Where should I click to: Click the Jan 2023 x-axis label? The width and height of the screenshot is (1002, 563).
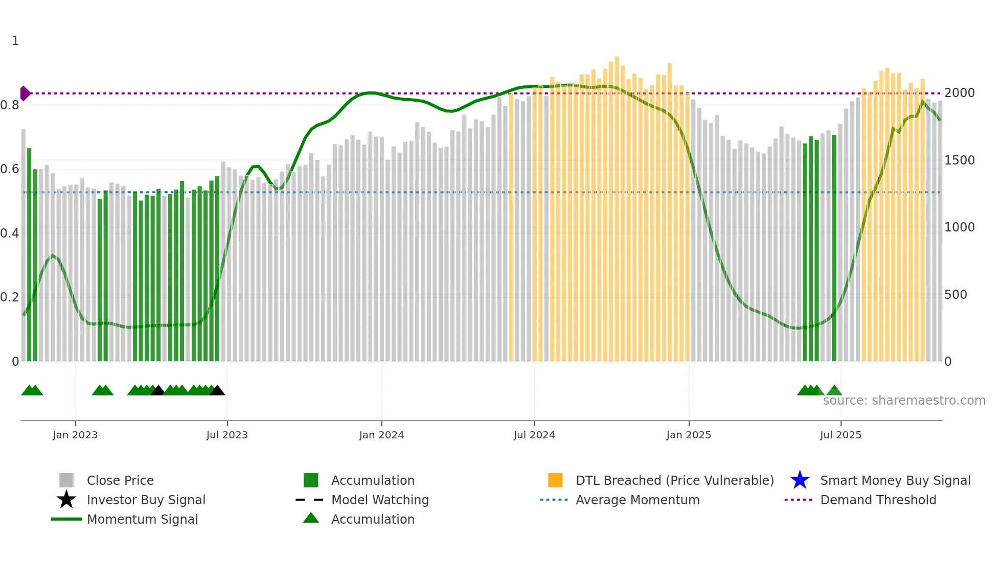75,435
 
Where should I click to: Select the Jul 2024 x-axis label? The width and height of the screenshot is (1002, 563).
534,435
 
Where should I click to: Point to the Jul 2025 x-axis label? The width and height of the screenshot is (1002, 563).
840,435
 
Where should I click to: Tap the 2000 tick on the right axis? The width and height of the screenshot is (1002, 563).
960,93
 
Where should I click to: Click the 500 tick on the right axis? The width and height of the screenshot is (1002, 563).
955,295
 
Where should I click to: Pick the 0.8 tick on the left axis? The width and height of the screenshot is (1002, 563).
10,105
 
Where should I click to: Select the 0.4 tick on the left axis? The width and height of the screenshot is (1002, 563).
10,233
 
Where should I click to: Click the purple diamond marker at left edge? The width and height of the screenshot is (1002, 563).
25,93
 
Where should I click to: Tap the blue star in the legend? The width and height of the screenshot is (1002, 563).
800,480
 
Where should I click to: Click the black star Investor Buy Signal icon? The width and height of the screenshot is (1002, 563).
66,500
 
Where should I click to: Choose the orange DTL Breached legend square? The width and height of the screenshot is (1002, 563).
555,480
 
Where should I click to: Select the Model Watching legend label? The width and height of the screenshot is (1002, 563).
380,500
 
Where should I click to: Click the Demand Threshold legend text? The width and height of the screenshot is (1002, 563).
878,500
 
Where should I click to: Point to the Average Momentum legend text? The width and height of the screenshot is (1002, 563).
637,500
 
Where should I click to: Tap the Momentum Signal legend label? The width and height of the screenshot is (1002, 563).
142,519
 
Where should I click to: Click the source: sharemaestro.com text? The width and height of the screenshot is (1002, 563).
904,401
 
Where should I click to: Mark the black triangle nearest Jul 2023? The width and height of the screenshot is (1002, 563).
217,391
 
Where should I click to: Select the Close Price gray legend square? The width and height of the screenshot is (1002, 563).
66,480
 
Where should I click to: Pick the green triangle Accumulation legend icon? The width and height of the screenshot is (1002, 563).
311,518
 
